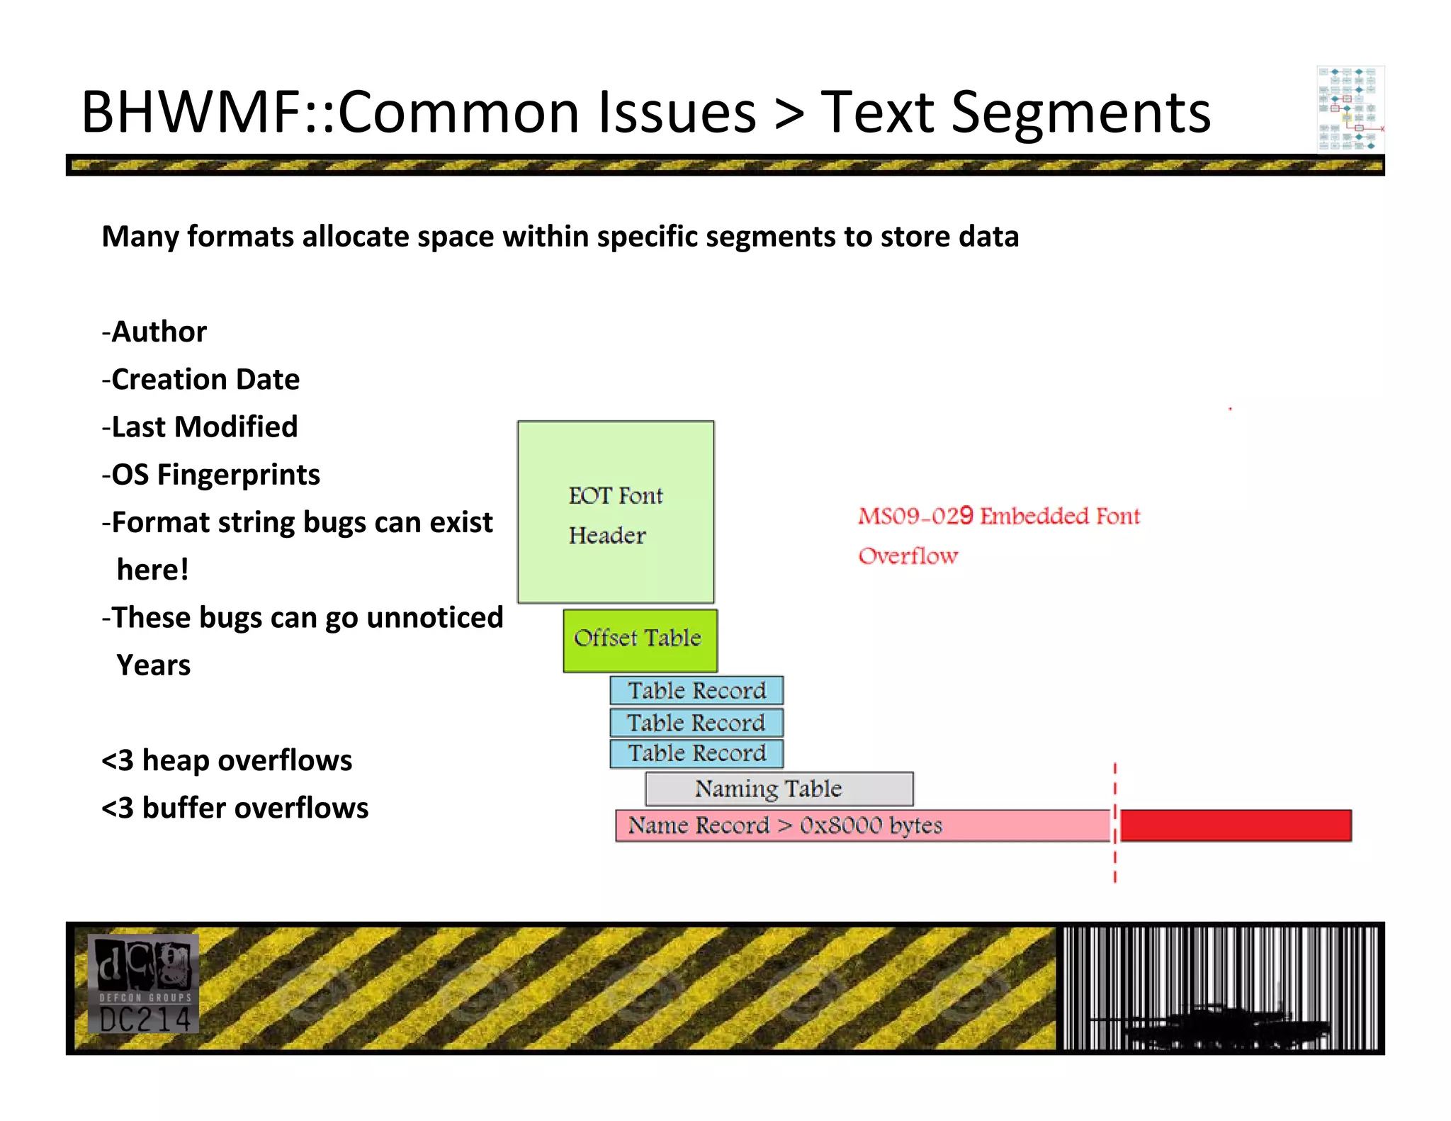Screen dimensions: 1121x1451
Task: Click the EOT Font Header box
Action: point(616,512)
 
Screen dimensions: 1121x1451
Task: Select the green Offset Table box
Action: point(640,640)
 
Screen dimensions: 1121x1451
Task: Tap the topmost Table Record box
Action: point(696,690)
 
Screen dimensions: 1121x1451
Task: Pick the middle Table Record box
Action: point(696,723)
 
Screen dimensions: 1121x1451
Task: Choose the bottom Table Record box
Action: point(696,753)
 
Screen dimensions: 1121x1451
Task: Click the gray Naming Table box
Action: point(779,789)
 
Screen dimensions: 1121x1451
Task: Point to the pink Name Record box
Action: point(862,826)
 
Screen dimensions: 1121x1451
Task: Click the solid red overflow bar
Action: point(1236,826)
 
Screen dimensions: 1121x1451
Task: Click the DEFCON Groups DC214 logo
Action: point(144,984)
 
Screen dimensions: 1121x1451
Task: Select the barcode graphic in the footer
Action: point(1219,987)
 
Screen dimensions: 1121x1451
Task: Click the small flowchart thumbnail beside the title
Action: point(1350,108)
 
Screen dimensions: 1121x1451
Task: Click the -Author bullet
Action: point(154,332)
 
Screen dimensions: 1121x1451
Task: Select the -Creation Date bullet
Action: point(201,380)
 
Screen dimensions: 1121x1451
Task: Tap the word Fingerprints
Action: point(239,475)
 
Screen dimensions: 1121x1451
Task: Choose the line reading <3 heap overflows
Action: point(227,760)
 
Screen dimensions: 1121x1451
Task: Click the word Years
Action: point(154,665)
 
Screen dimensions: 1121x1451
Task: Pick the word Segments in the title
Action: point(1080,113)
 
